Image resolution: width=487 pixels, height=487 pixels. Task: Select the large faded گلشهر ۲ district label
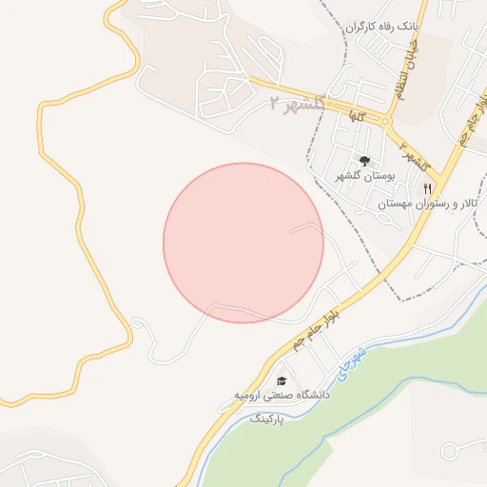point(298,104)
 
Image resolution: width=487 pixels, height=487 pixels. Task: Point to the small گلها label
point(357,116)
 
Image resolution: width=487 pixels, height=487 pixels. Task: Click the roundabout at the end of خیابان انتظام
point(385,122)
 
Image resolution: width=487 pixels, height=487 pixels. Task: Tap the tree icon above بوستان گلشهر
point(364,161)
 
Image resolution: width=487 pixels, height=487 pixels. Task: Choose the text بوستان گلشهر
point(359,177)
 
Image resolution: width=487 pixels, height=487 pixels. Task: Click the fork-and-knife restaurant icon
point(428,187)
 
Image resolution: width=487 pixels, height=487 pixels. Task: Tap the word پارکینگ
point(268,419)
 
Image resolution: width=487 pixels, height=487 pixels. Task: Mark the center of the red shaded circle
point(243,243)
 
